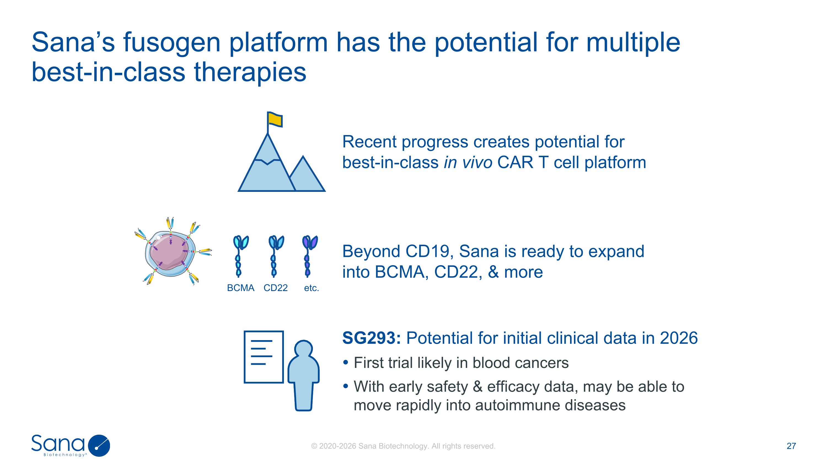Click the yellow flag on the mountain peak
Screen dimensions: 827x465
tap(275, 119)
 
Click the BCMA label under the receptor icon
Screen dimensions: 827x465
tap(240, 288)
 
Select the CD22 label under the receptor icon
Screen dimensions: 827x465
tap(275, 288)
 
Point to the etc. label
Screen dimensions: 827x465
tap(312, 288)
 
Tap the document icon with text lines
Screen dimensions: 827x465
tap(264, 357)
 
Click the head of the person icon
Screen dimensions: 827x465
tap(304, 349)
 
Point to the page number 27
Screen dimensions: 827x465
tap(791, 446)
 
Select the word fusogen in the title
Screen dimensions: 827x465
tap(172, 43)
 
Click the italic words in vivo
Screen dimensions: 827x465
tap(468, 162)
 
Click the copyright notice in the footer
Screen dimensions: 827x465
tap(403, 446)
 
